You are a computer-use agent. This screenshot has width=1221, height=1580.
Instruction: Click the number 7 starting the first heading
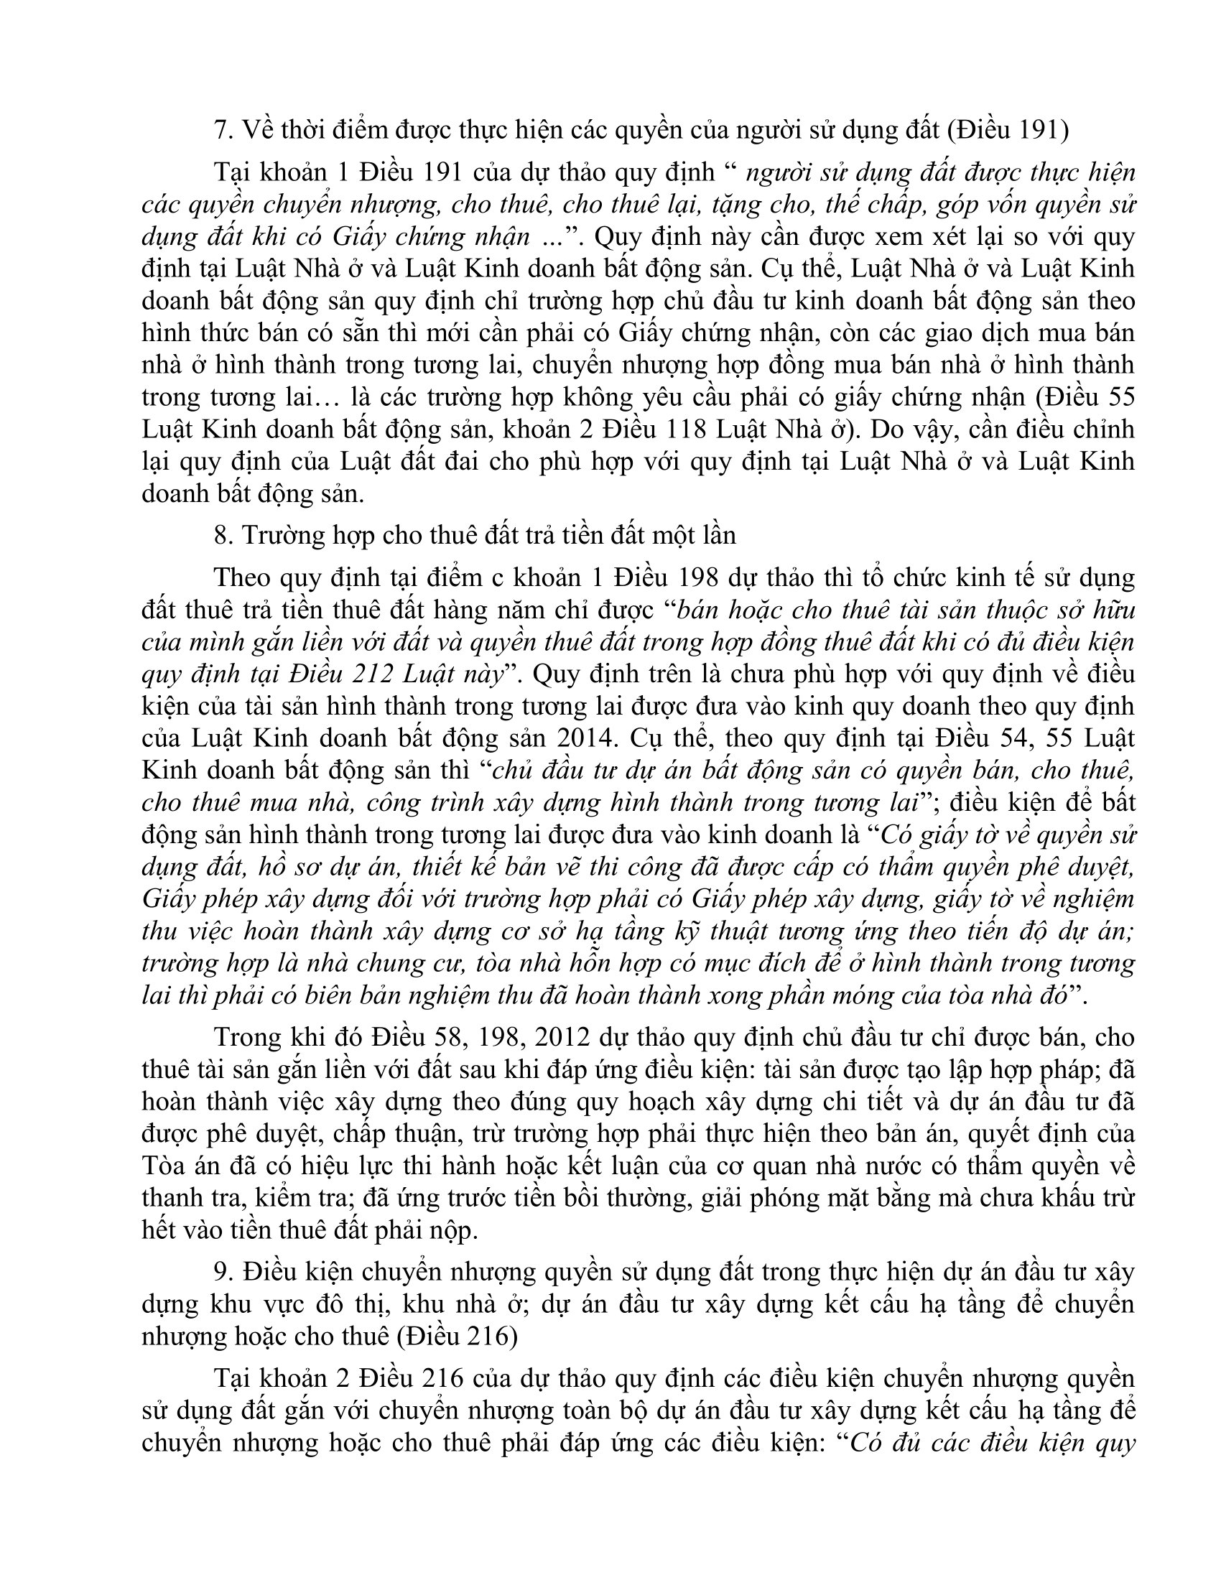tap(220, 129)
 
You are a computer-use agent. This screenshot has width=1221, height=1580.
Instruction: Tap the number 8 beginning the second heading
tap(220, 534)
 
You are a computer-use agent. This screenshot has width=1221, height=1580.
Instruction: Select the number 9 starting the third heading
tap(220, 1271)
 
